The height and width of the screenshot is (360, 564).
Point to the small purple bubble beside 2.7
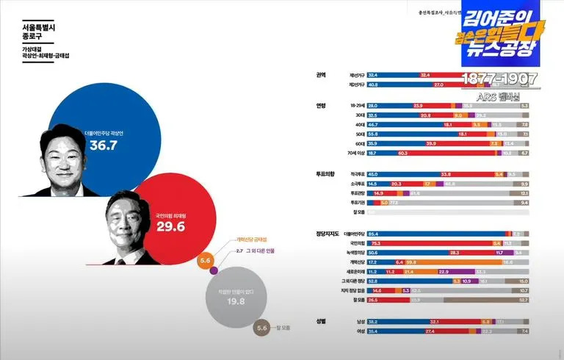[x=214, y=272]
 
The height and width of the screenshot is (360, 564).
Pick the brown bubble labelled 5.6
[x=263, y=328]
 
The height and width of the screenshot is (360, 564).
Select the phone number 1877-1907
[x=499, y=79]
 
